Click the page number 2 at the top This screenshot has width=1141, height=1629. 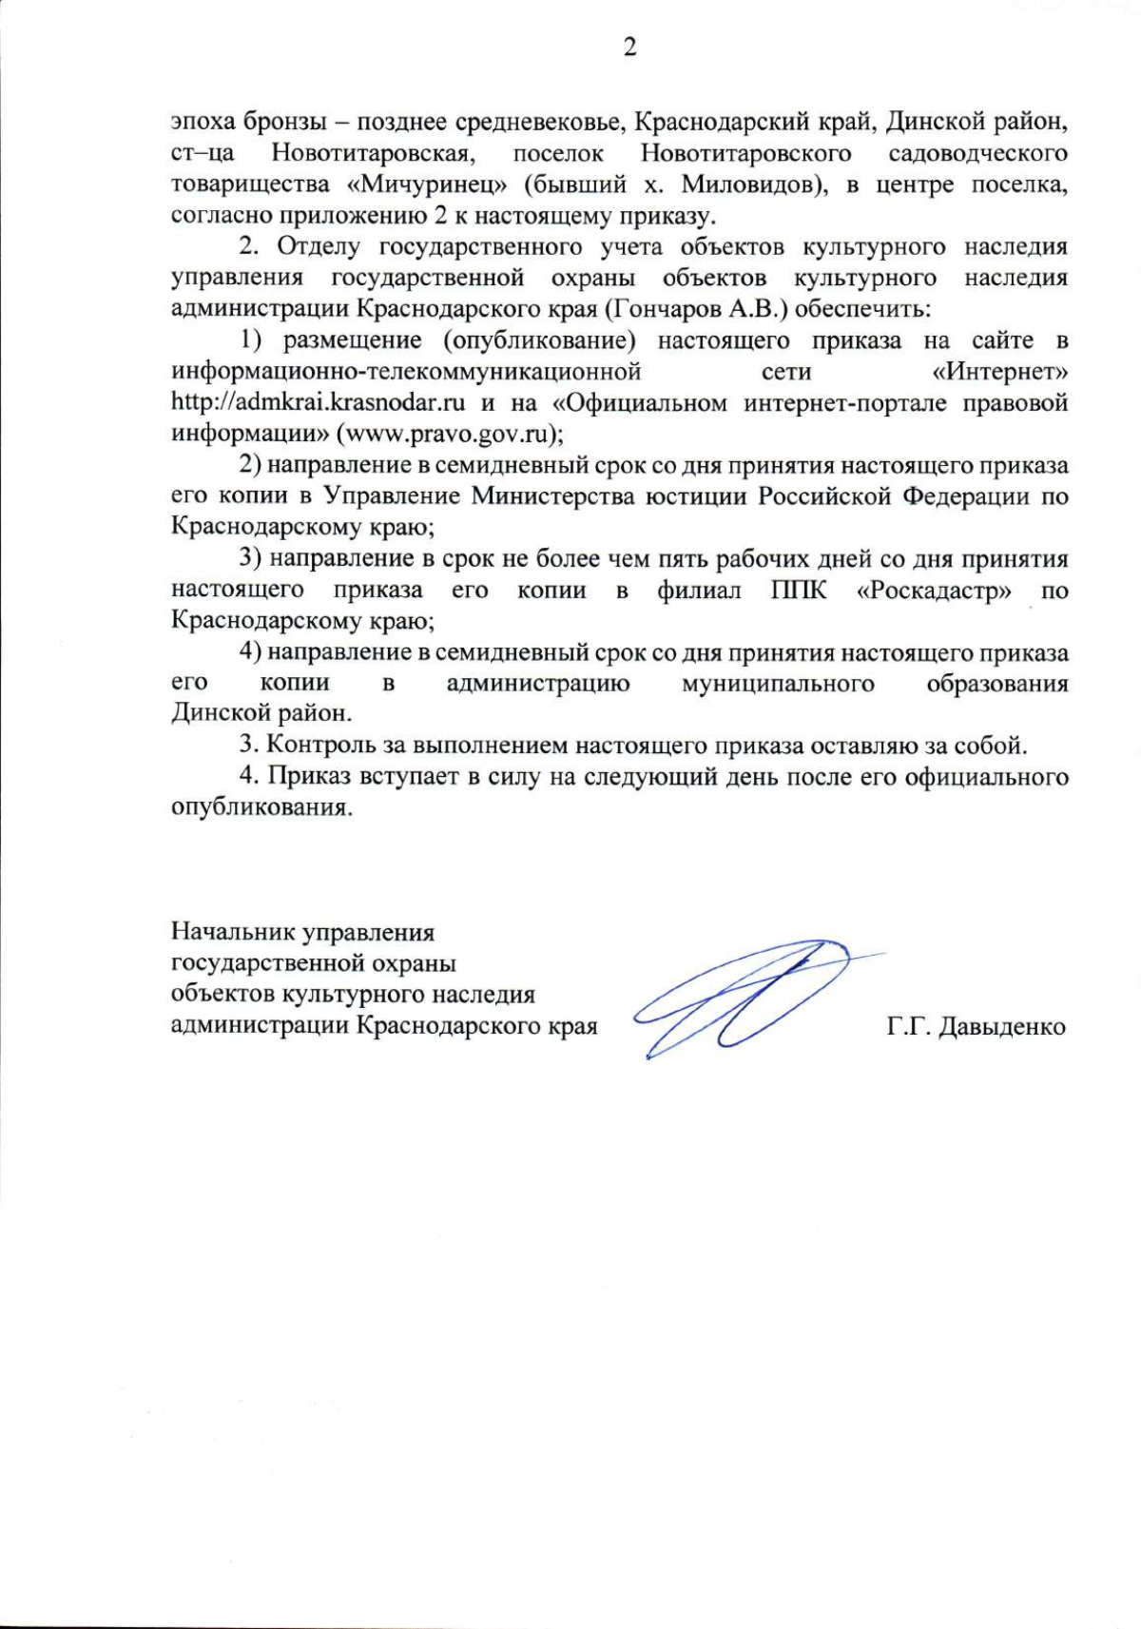point(629,48)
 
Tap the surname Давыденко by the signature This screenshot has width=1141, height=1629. point(1001,1027)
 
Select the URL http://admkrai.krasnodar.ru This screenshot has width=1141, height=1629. point(318,402)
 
